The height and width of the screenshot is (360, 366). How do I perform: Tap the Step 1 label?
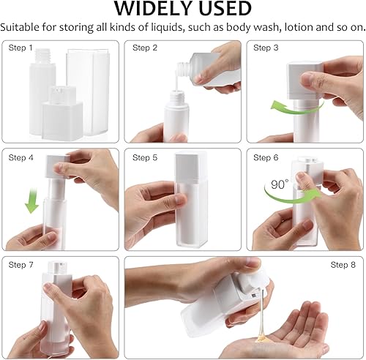click(20, 48)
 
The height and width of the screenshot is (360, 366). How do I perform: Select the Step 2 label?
click(145, 48)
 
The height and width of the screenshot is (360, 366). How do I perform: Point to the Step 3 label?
click(266, 48)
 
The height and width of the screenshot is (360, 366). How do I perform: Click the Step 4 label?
click(20, 157)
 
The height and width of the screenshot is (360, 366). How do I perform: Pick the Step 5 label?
click(145, 157)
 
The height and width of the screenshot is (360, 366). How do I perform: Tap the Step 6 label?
click(266, 157)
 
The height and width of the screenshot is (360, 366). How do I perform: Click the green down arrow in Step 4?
click(31, 198)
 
